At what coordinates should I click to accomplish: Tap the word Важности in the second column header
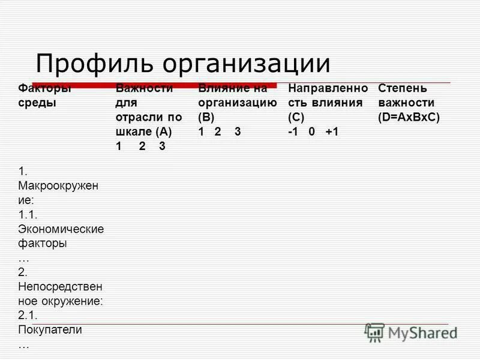pyautogui.click(x=144, y=88)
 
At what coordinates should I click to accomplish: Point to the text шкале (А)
pyautogui.click(x=144, y=132)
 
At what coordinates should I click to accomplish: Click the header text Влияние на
pyautogui.click(x=233, y=88)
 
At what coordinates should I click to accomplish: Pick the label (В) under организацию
pyautogui.click(x=206, y=118)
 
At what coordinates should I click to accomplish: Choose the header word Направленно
pyautogui.click(x=328, y=88)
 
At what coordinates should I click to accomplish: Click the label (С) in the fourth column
pyautogui.click(x=296, y=118)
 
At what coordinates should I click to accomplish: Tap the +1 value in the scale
pyautogui.click(x=332, y=132)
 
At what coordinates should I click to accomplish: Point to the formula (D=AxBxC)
pyautogui.click(x=409, y=118)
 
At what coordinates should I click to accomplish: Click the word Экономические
pyautogui.click(x=61, y=229)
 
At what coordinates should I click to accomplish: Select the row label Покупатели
pyautogui.click(x=50, y=329)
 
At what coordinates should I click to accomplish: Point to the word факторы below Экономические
pyautogui.click(x=42, y=244)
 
